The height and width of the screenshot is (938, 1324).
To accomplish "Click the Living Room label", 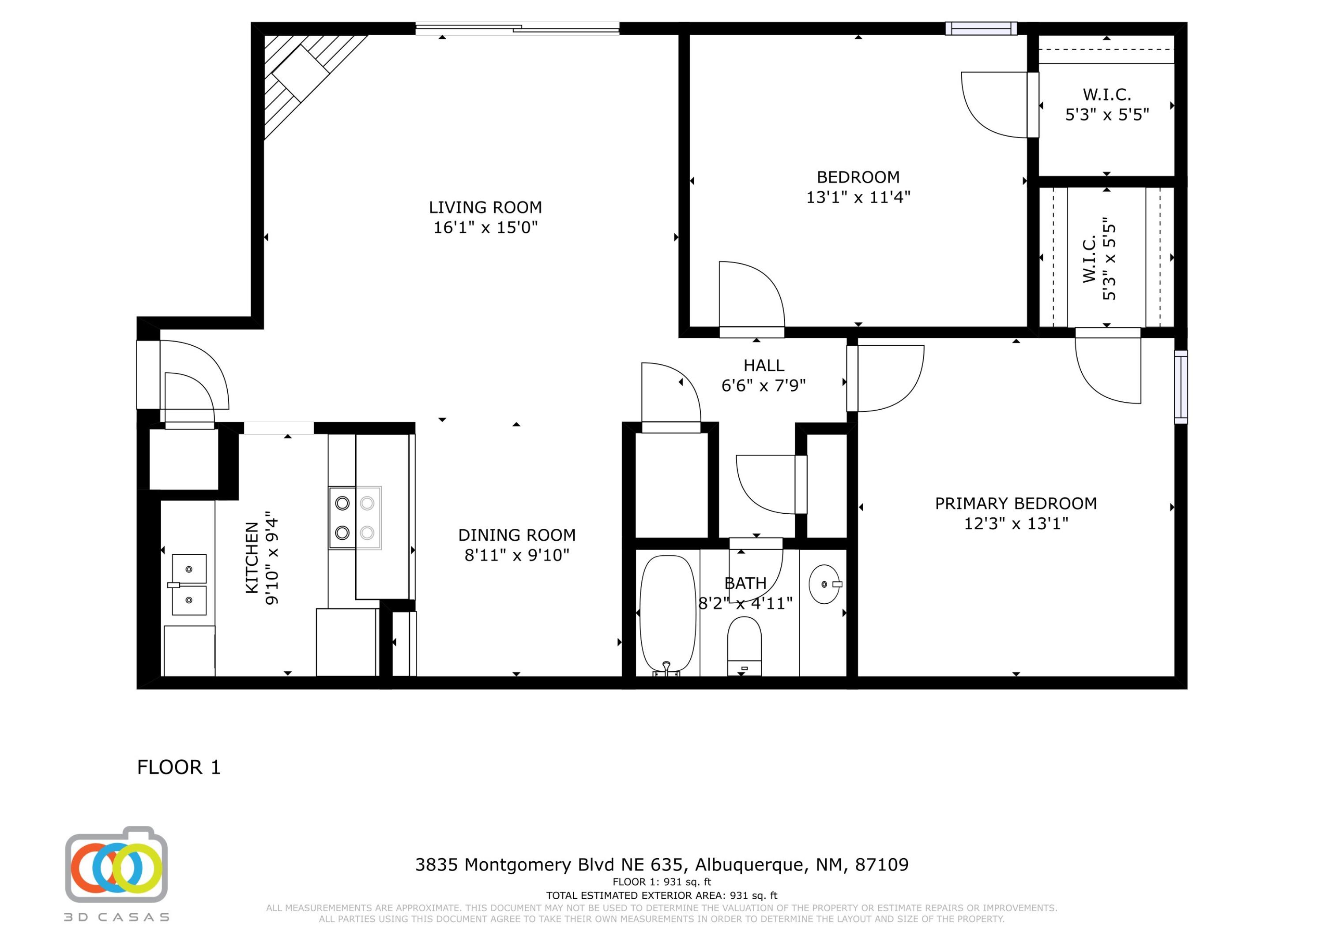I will point(485,207).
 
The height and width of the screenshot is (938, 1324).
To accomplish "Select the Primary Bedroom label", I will point(1016,504).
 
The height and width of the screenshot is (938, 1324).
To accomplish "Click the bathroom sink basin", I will point(824,584).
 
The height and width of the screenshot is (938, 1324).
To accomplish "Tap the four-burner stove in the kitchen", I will point(355,518).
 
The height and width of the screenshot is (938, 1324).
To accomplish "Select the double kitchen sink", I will point(189,584).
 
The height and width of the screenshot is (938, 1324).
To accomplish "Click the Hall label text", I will point(764,366).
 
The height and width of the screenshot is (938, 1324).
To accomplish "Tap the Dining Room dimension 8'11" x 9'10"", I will point(517,556).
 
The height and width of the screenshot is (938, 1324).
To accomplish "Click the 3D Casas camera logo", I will point(116,866).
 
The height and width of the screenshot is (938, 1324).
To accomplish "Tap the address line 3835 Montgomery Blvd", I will point(661,865).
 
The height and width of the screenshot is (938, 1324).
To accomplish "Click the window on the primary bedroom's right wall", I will point(1181,387).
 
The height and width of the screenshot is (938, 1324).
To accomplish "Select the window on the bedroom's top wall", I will point(981,28).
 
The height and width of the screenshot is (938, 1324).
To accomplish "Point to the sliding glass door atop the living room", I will point(517,28).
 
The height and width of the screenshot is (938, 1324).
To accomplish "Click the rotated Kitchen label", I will point(252,557).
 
